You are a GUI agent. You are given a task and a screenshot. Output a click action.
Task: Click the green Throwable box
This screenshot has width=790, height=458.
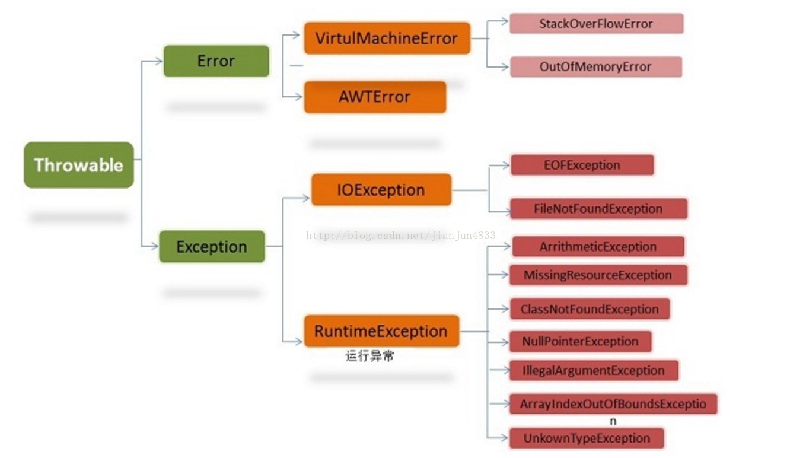[x=79, y=165]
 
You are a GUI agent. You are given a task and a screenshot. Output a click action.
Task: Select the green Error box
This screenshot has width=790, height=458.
[x=216, y=61]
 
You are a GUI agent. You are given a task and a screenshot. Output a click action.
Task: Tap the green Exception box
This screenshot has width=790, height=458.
[x=212, y=246]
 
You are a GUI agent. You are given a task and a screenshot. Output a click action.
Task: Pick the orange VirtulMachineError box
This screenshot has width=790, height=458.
[x=387, y=39]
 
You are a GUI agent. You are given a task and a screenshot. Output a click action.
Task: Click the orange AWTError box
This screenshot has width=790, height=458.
[x=375, y=97]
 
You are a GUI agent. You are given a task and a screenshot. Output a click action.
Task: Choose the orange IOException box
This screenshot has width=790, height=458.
[x=381, y=190]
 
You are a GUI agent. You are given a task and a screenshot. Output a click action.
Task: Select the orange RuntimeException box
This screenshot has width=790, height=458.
[x=381, y=331]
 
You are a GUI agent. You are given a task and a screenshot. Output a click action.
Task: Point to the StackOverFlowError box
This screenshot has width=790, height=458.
[x=596, y=24]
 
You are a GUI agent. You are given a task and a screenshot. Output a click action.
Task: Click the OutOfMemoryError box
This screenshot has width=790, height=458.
[x=595, y=66]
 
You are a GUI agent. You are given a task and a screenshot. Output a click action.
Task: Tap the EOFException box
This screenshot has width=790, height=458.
[x=582, y=165]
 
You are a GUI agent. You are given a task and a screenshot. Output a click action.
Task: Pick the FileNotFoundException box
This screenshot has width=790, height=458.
[x=598, y=209]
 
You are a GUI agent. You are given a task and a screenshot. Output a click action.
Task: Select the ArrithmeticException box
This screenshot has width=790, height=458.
[x=598, y=246]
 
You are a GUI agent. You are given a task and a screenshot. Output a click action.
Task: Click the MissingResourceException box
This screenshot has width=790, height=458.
[x=598, y=275]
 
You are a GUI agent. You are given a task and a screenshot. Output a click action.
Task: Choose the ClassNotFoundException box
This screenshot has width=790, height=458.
[x=590, y=309]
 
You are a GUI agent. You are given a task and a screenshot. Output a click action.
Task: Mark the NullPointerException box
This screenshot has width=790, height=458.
[x=581, y=341]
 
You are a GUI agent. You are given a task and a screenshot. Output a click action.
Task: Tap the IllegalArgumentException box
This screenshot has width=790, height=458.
[x=594, y=370]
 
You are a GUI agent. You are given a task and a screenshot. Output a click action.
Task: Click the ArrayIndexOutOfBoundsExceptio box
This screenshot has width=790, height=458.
[x=613, y=404]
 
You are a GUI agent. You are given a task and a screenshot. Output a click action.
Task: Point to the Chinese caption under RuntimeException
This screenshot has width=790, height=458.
[x=370, y=357]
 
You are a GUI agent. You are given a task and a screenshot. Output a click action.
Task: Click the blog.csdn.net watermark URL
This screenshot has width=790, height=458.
[x=401, y=236]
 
